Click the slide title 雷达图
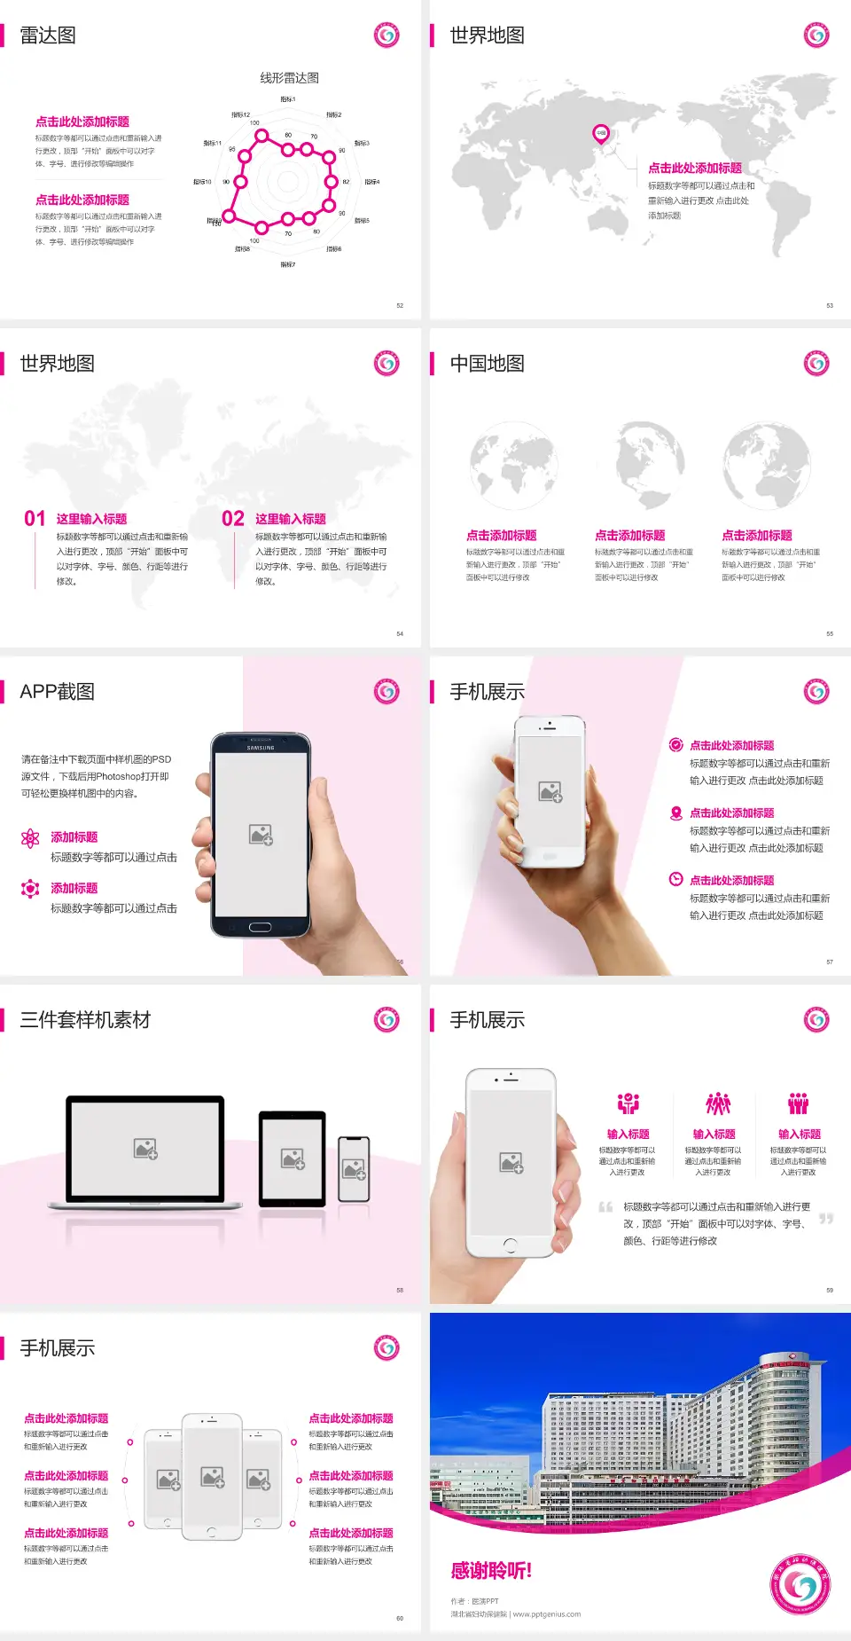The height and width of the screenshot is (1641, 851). (48, 35)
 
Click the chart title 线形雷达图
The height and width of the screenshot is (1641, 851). (289, 78)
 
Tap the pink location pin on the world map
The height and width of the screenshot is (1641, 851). (601, 134)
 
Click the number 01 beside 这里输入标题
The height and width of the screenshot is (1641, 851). (35, 519)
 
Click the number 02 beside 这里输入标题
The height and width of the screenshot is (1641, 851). (233, 519)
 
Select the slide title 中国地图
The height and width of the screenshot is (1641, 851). (487, 364)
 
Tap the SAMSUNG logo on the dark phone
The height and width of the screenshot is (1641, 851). (261, 748)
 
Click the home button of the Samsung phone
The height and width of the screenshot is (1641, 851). (260, 927)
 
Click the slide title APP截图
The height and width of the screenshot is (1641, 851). (57, 692)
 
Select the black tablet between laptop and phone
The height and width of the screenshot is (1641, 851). (293, 1158)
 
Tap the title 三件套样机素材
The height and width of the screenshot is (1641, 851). (85, 1020)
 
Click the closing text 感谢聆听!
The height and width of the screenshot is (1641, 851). (491, 1571)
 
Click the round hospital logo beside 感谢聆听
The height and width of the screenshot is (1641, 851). (800, 1584)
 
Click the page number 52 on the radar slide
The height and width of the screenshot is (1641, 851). (400, 305)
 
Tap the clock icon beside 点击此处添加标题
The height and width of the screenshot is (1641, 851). (675, 879)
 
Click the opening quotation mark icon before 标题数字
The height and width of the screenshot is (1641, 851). (605, 1207)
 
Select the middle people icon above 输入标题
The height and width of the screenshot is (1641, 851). (717, 1103)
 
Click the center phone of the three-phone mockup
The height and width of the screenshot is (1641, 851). (212, 1476)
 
